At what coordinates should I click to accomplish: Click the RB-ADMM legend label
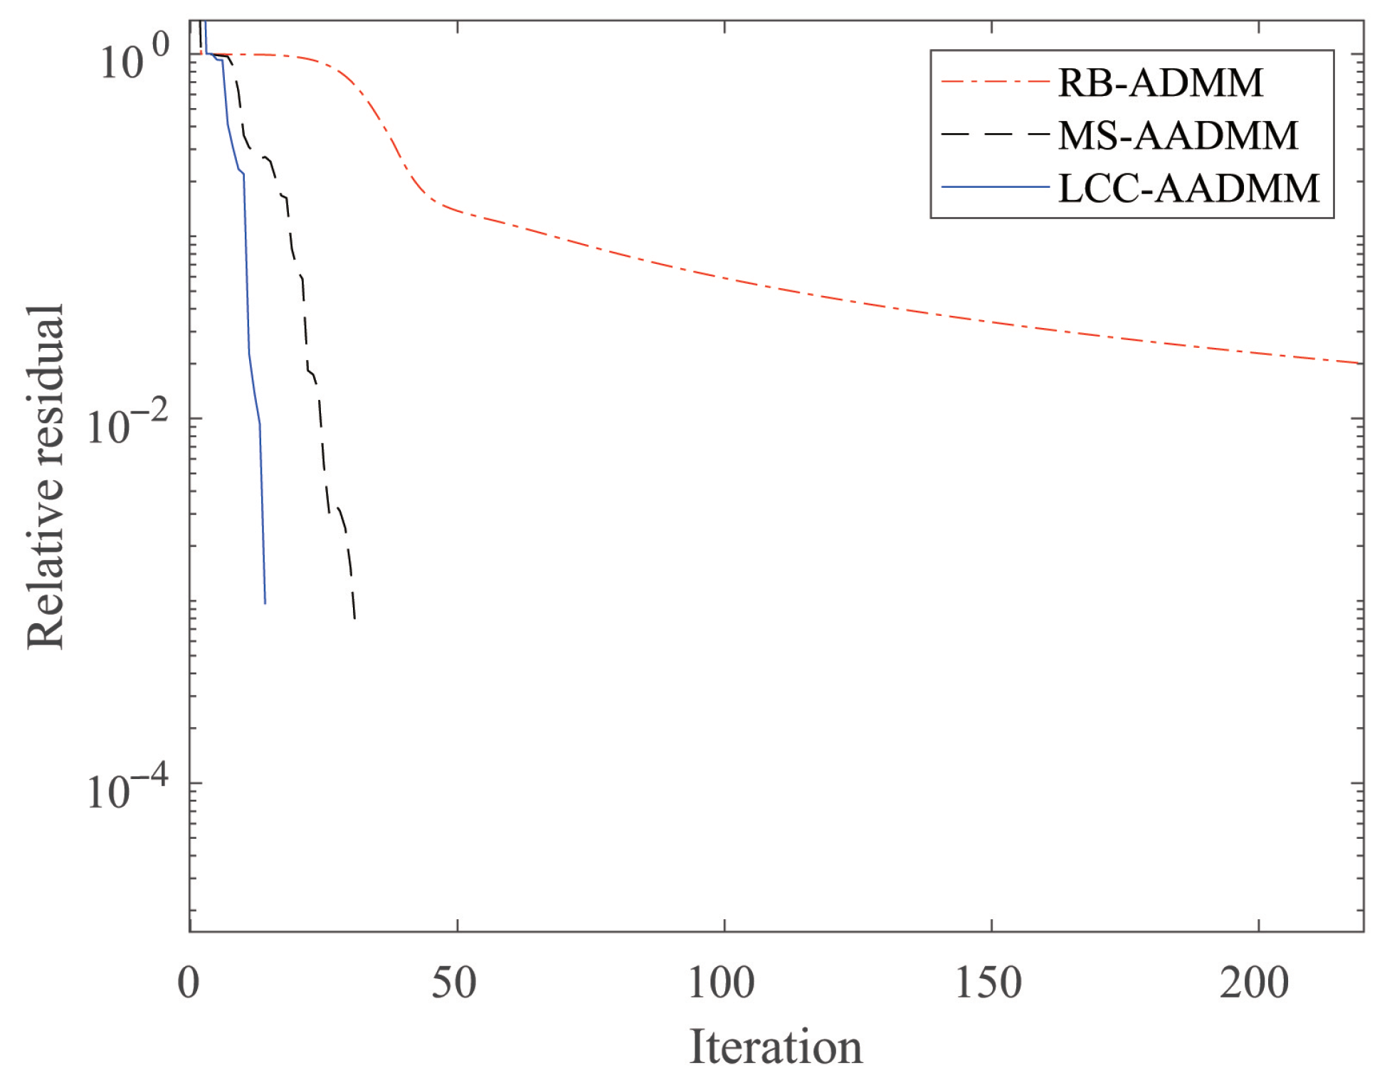1160,83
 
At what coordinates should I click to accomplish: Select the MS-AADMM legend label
1178,135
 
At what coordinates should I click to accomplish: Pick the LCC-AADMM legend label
1188,189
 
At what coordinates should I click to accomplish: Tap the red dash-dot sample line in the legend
995,83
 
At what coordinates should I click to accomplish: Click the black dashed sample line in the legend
995,134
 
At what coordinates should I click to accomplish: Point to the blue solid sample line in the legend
995,187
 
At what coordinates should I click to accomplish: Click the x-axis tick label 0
189,983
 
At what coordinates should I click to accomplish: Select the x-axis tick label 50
454,983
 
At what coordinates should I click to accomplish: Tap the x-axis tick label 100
721,983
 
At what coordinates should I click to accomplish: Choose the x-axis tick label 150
988,983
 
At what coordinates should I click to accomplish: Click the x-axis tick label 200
1255,983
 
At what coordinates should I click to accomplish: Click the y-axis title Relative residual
46,477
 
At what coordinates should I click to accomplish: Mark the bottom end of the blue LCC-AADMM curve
265,603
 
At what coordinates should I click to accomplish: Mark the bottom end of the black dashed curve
354,618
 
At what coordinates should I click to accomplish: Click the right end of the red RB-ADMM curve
1359,364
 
